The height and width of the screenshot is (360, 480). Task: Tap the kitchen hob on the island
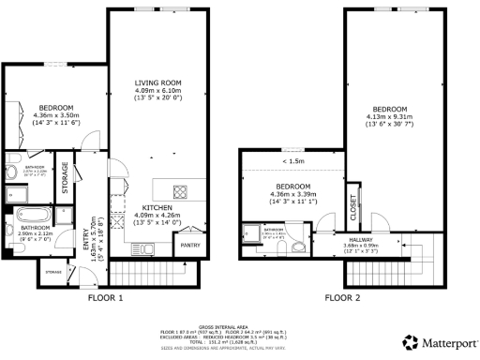[180, 192]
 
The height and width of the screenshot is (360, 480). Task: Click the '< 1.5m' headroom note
[291, 161]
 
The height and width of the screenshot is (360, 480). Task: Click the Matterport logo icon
[409, 340]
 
